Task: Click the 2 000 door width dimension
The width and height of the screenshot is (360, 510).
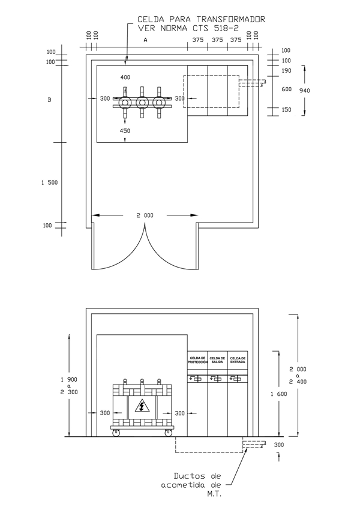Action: [145, 215]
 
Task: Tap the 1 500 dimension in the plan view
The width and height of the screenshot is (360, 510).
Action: [49, 182]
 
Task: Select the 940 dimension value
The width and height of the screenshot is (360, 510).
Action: [304, 91]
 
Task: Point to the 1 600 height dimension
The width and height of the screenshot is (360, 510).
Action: [279, 394]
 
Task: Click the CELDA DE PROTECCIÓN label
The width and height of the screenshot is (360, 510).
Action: [197, 360]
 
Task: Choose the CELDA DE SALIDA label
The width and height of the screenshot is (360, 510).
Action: [217, 360]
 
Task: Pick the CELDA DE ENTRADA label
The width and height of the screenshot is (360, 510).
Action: [238, 360]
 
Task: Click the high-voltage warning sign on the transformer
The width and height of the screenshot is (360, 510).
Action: [142, 407]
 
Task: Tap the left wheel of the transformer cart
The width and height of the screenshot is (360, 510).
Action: [115, 433]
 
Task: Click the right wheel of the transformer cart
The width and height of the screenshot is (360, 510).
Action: [168, 433]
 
